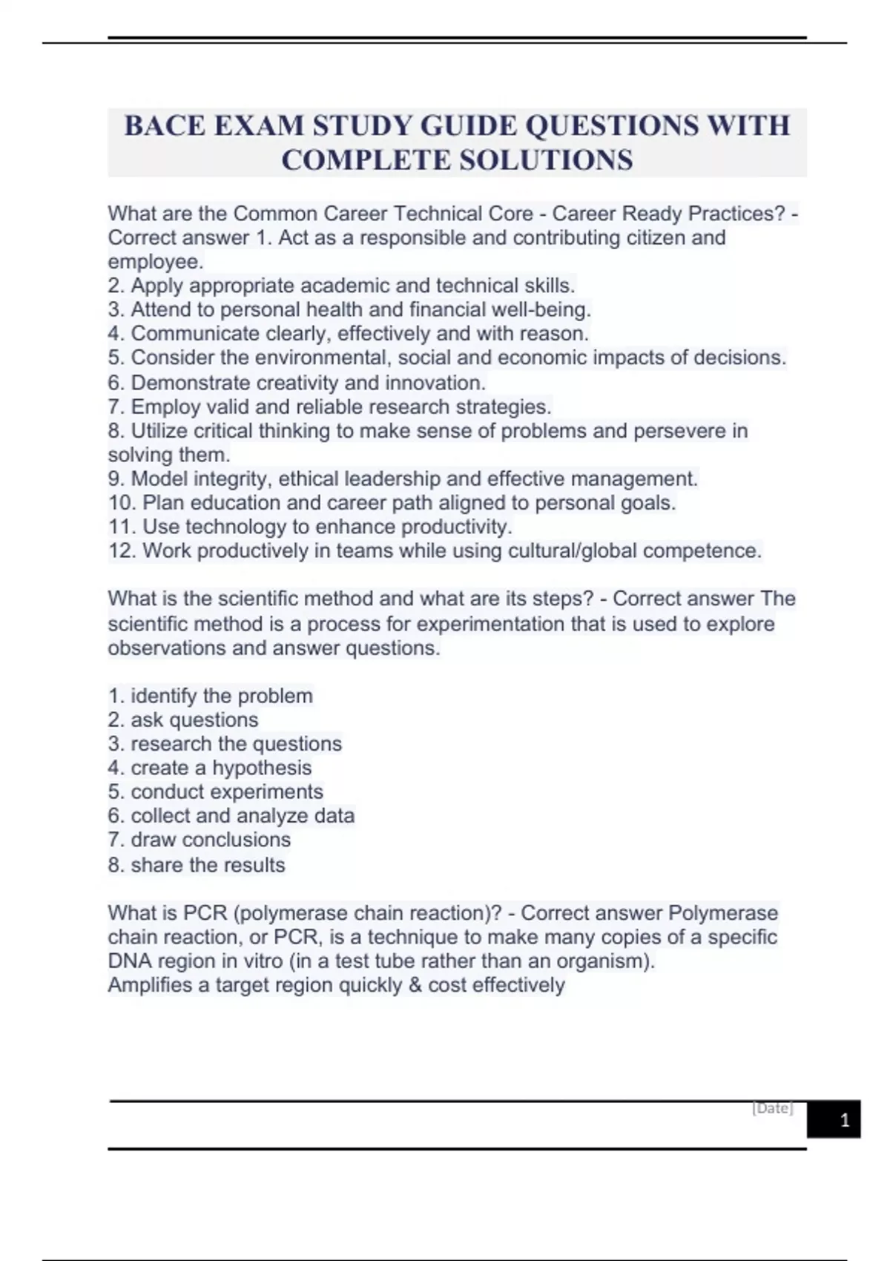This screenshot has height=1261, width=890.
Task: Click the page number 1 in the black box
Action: point(844,1120)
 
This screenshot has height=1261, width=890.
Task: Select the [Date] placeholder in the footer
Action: point(772,1108)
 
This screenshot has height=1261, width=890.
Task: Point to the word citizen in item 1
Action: point(645,238)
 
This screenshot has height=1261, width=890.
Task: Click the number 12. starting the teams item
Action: point(122,551)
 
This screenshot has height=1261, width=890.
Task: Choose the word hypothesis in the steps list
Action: point(262,768)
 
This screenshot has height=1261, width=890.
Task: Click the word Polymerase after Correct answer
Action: point(723,913)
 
